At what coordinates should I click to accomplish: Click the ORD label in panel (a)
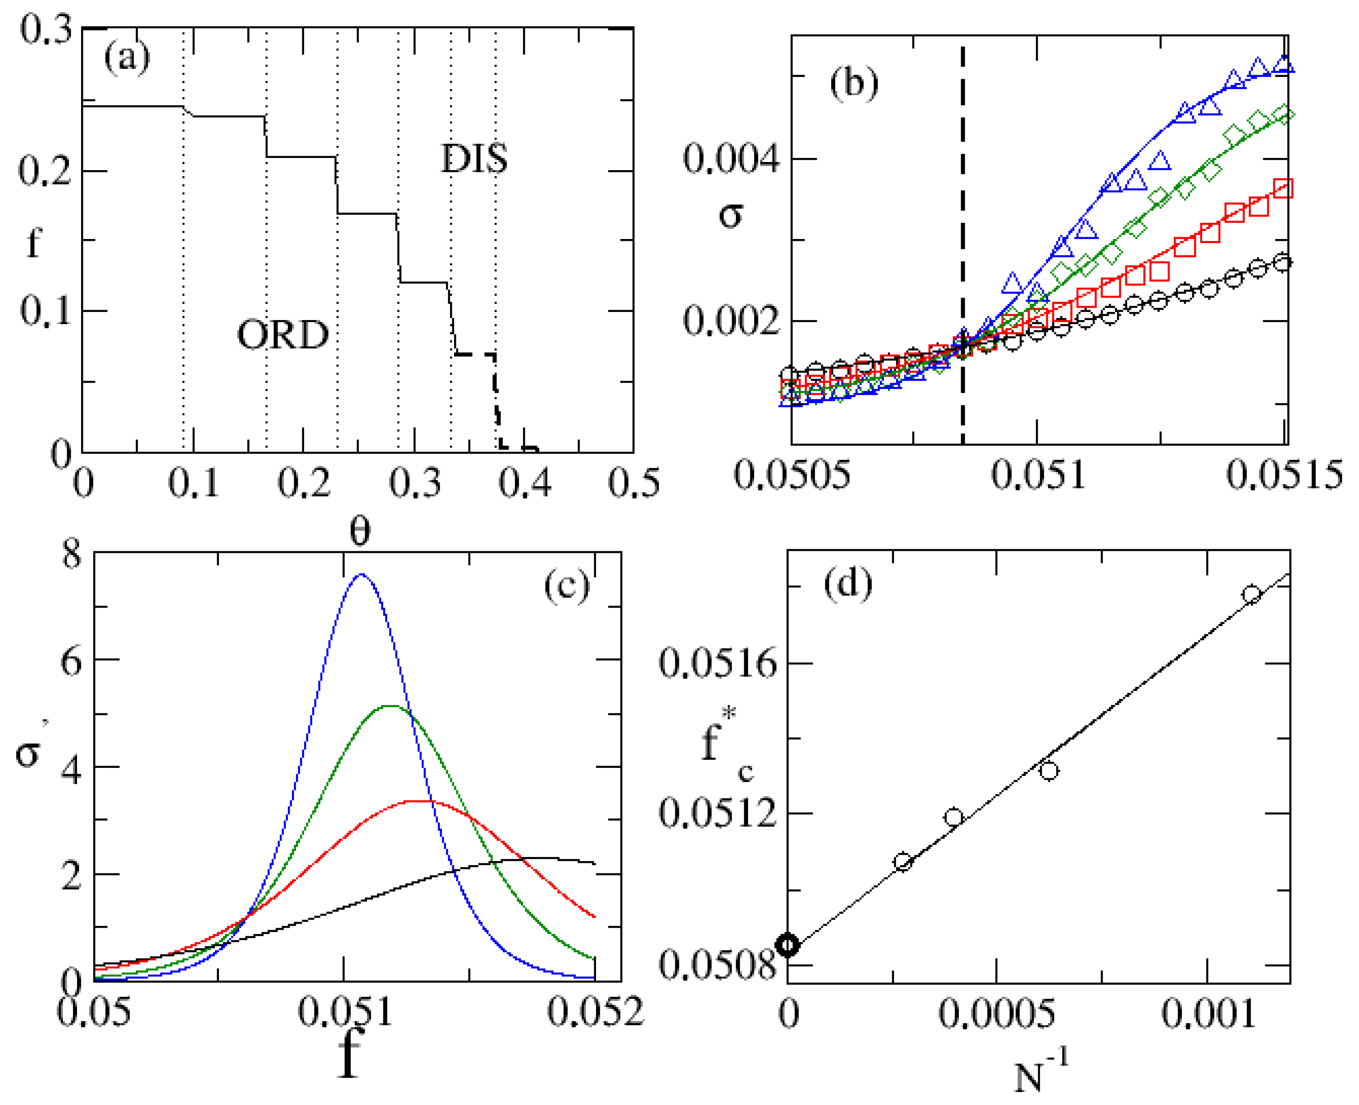pyautogui.click(x=283, y=335)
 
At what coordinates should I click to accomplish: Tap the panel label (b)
pyautogui.click(x=853, y=83)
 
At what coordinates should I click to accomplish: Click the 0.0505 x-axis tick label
pyautogui.click(x=791, y=475)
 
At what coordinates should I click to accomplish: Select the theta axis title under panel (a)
pyautogui.click(x=360, y=531)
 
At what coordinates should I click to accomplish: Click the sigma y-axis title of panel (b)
pyautogui.click(x=731, y=215)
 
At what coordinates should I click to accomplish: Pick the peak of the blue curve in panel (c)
pyautogui.click(x=362, y=574)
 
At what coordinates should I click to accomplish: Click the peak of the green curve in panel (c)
pyautogui.click(x=390, y=706)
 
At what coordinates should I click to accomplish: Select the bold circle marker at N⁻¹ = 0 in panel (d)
pyautogui.click(x=788, y=945)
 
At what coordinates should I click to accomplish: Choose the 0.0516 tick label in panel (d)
pyautogui.click(x=718, y=664)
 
